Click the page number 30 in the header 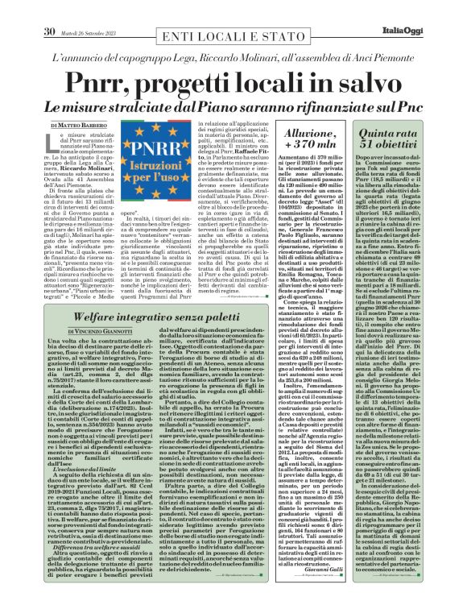coord(49,9)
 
